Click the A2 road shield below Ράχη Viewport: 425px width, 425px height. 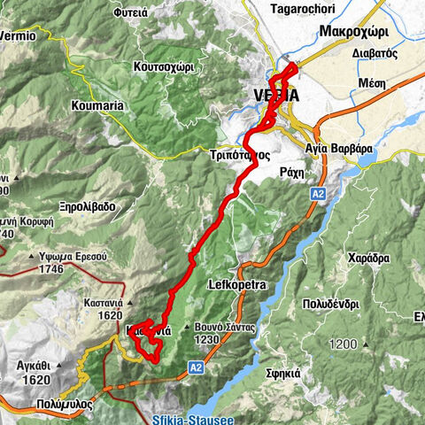318,192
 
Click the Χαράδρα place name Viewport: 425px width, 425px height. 370,259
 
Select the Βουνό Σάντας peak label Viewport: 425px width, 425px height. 223,327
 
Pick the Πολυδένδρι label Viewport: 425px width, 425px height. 350,303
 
